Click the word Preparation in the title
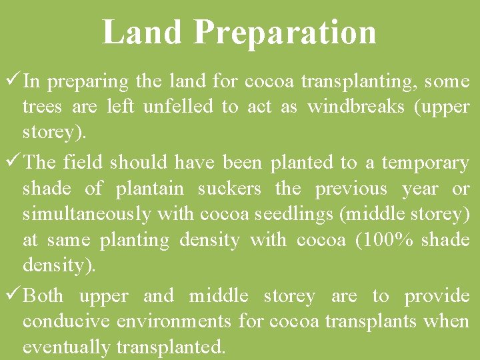click(286, 33)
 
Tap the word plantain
click(149, 189)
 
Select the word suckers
click(229, 189)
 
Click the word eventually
click(66, 347)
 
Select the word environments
click(175, 321)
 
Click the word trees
click(41, 107)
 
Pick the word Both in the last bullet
click(43, 295)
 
